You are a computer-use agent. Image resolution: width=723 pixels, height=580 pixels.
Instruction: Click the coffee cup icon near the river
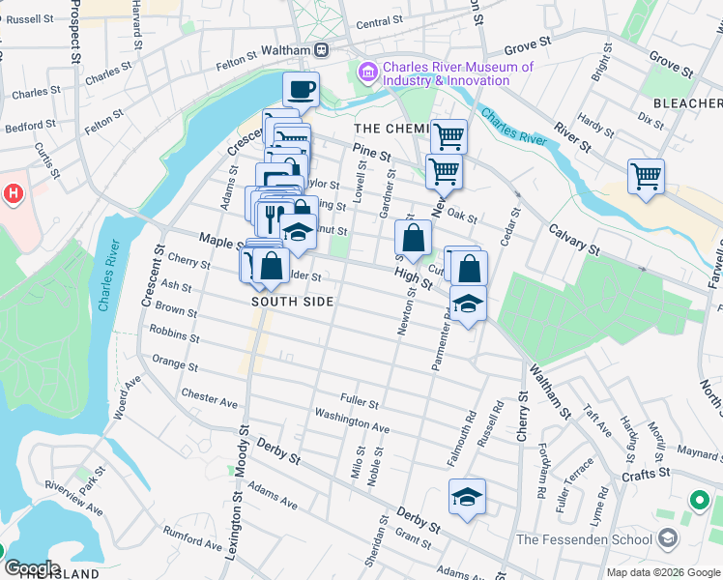pos(301,89)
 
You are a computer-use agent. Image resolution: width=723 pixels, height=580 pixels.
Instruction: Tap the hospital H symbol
pos(13,193)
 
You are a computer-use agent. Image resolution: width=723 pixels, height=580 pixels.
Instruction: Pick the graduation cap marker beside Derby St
pos(467,497)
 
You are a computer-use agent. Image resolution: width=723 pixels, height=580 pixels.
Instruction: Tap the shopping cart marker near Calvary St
pos(646,177)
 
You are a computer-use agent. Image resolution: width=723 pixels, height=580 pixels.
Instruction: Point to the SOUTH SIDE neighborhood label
pos(292,302)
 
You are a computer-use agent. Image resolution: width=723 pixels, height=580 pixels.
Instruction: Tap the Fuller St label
pos(359,399)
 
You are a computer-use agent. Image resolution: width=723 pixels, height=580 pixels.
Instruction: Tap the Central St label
pos(379,21)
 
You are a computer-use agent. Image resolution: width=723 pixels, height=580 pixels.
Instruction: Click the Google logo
pos(32,568)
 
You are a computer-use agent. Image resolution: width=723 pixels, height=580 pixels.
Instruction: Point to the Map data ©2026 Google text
pos(663,572)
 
